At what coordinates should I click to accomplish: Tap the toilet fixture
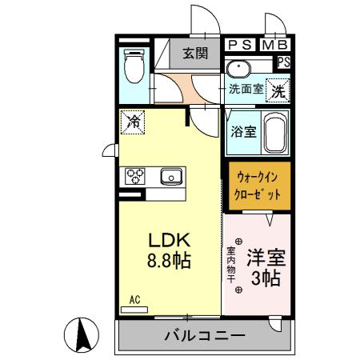pyautogui.click(x=134, y=66)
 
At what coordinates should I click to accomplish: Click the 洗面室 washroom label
pyautogui.click(x=246, y=89)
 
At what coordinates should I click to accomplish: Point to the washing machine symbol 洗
pyautogui.click(x=278, y=91)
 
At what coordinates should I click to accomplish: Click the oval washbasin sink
pyautogui.click(x=238, y=69)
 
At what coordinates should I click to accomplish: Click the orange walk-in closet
pyautogui.click(x=257, y=186)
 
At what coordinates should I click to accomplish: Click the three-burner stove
pyautogui.click(x=134, y=175)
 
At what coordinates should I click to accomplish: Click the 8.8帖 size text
pyautogui.click(x=170, y=262)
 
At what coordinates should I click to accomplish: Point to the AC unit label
pyautogui.click(x=134, y=300)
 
